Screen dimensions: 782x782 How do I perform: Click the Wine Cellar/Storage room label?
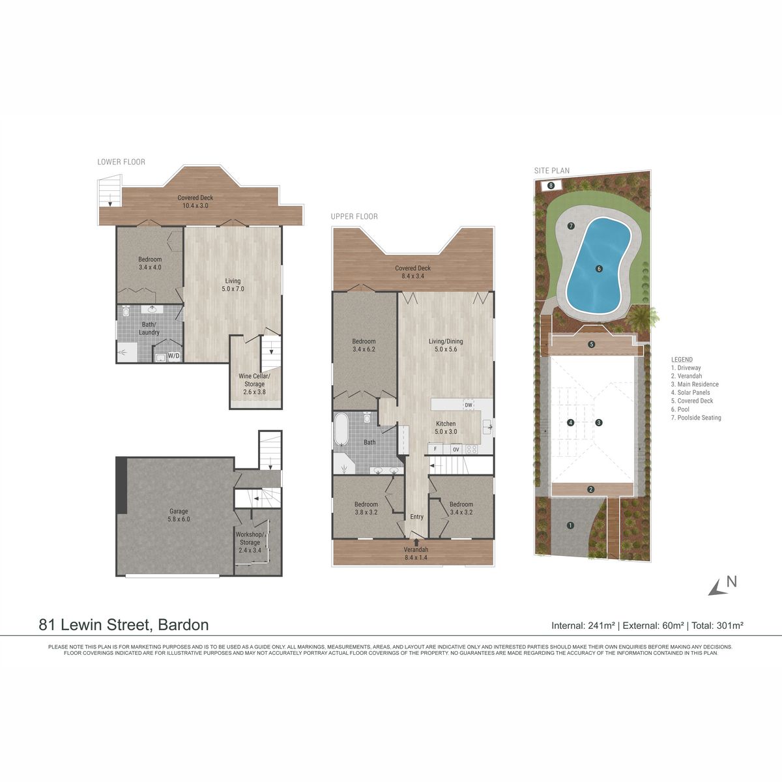pos(254,384)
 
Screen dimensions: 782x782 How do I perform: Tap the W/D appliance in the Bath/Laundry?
pos(174,356)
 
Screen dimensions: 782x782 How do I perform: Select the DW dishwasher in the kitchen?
pos(469,405)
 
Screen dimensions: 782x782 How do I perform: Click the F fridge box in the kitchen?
pos(435,449)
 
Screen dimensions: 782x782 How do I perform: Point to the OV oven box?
pos(456,449)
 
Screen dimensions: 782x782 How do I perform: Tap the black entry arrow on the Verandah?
pos(416,542)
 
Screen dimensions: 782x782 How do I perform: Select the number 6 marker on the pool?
pos(599,268)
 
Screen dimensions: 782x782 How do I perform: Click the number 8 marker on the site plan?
pos(551,186)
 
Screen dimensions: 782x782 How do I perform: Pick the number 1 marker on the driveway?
pos(571,525)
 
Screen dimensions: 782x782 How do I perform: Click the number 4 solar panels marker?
pos(571,422)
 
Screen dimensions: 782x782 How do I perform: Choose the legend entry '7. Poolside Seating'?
pos(696,418)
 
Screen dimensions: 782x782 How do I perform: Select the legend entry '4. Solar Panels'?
pos(690,392)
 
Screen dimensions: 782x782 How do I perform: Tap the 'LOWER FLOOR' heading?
pos(121,162)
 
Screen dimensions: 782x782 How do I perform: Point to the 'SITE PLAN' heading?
pos(552,171)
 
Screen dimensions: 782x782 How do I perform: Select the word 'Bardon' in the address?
pos(183,624)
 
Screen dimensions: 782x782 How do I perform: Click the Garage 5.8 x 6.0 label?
pos(179,515)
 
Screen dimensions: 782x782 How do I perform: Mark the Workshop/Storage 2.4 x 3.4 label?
pos(250,542)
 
